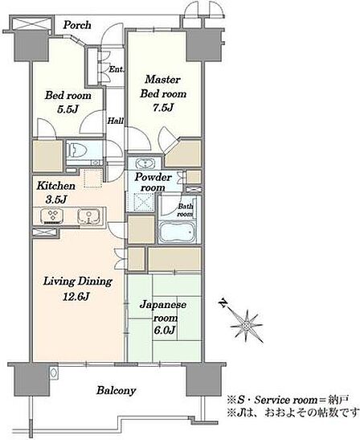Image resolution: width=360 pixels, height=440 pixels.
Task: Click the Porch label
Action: [x=77, y=25]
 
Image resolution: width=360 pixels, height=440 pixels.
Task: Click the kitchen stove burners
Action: [x=52, y=216]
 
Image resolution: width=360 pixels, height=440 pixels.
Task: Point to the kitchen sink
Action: [x=88, y=216]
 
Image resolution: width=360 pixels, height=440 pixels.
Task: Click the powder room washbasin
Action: [x=145, y=163]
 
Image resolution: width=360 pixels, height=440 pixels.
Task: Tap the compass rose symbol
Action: [x=247, y=326]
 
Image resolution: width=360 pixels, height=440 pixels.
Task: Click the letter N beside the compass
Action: [x=223, y=303]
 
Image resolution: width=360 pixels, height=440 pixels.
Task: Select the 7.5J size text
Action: [x=163, y=108]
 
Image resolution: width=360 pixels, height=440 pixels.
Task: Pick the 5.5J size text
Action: [x=67, y=109]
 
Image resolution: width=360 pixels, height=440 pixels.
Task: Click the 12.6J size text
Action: [x=76, y=296]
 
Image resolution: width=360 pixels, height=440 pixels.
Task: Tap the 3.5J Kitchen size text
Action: [x=55, y=199]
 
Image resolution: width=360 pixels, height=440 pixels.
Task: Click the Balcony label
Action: [x=117, y=390]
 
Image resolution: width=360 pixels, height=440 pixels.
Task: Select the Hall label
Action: [x=116, y=121]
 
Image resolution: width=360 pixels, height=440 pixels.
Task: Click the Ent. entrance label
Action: [x=117, y=69]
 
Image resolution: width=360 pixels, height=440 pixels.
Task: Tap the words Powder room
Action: [x=153, y=182]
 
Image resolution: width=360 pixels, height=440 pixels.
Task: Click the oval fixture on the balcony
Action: [x=54, y=373]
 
